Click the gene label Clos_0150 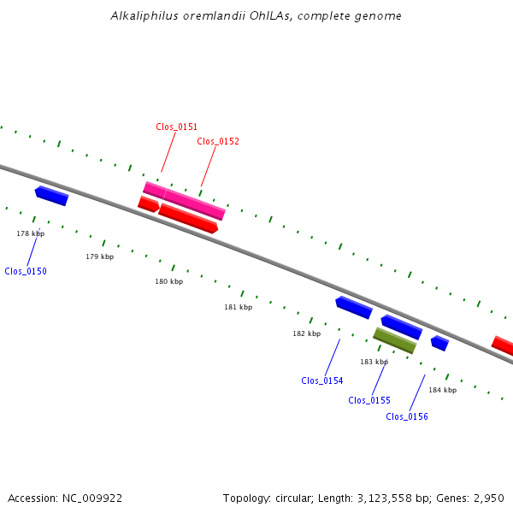[26, 271]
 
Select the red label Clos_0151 [177, 127]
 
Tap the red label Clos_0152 [218, 141]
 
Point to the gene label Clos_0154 [322, 380]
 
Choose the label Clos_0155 [369, 400]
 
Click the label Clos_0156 [407, 416]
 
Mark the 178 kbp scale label [31, 233]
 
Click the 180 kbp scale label [168, 281]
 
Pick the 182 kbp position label [306, 333]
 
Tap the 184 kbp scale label [442, 390]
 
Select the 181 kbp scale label [239, 307]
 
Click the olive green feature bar [394, 340]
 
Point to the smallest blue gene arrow [439, 343]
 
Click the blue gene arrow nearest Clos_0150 [51, 196]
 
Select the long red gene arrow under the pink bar [188, 218]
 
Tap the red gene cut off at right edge [503, 345]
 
